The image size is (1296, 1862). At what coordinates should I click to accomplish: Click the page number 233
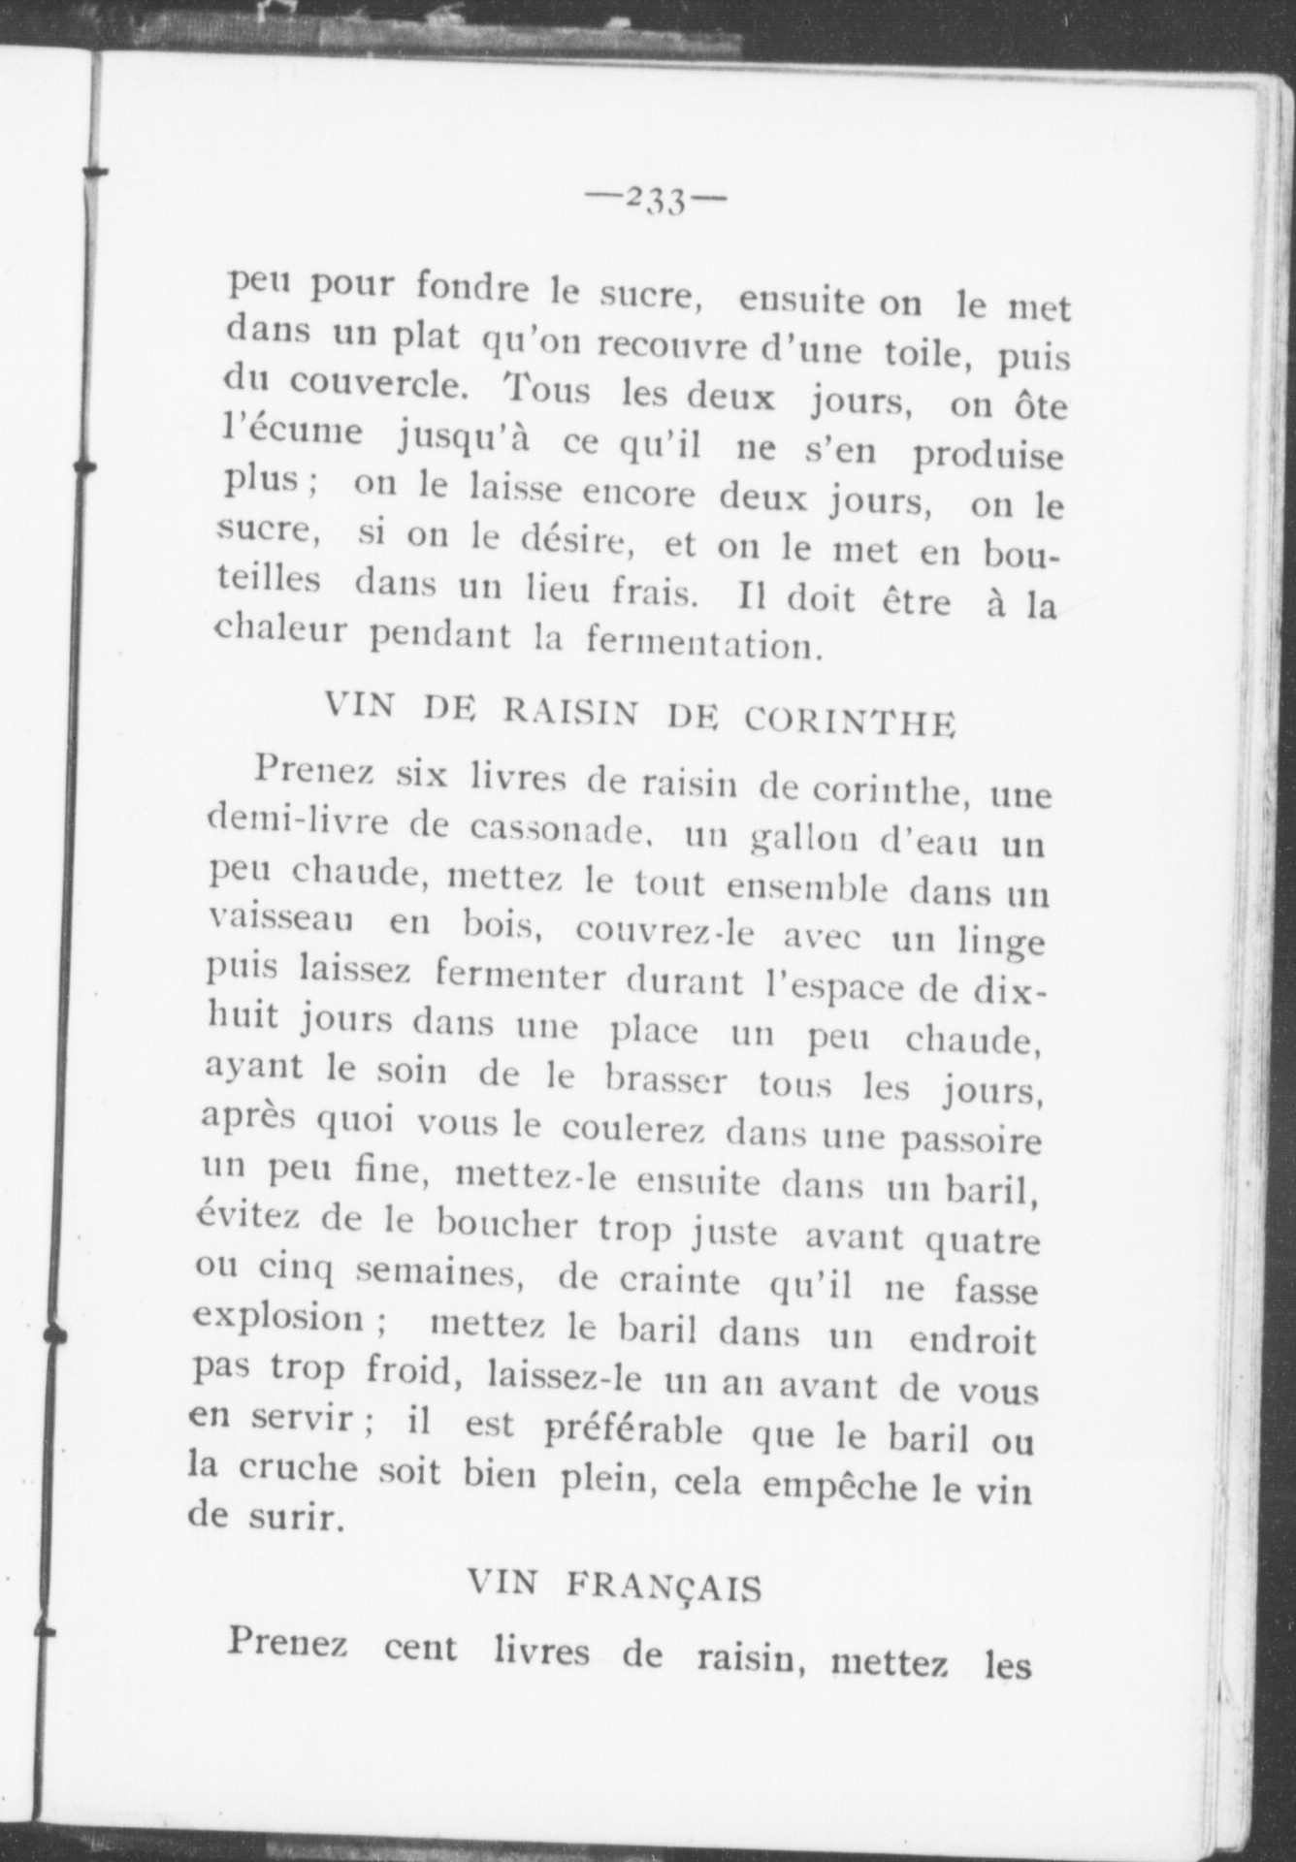click(657, 202)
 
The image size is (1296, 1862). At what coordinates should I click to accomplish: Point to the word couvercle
click(376, 386)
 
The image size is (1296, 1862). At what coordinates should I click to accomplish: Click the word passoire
click(971, 1139)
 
